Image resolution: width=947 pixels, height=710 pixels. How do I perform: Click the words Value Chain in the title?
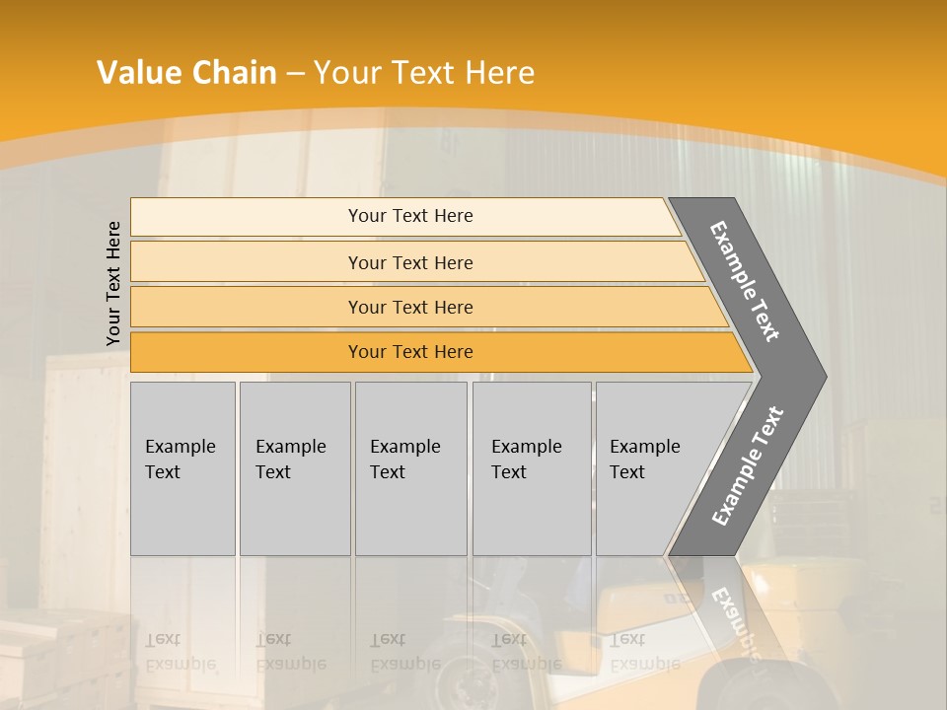point(186,73)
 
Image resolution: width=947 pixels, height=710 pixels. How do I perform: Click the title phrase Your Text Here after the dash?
point(424,73)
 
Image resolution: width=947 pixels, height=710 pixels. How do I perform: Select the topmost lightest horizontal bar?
point(247,217)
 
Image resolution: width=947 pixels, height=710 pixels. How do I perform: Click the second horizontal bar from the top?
point(247,262)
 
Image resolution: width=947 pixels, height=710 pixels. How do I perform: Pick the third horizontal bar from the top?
point(247,307)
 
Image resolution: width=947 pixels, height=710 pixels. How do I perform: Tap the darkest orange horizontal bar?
point(247,352)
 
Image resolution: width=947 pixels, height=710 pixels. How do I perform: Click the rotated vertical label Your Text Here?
point(113,283)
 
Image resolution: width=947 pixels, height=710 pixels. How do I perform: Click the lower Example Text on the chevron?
point(747,466)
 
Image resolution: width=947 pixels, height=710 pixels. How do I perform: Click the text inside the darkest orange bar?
point(410,352)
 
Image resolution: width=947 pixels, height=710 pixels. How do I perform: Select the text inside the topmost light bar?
point(410,216)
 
